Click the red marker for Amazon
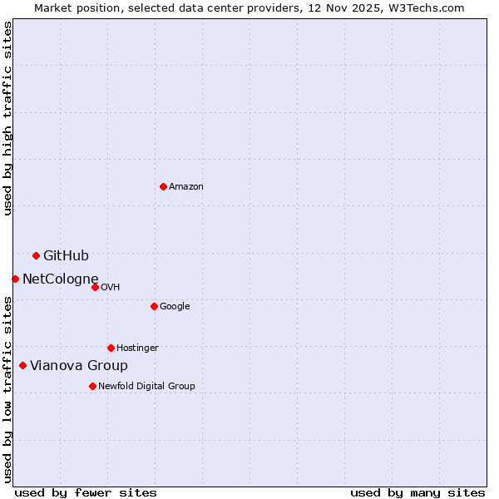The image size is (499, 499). point(163,186)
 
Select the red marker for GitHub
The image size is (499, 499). point(36,255)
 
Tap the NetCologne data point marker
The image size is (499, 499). point(15,279)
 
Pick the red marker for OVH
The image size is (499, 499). point(95,287)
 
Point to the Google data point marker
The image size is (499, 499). point(154,306)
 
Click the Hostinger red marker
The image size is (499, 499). point(111,348)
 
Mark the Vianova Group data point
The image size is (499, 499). point(22,365)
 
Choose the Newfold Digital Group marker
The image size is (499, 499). point(92,386)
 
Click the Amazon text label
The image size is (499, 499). point(186,187)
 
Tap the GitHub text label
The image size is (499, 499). point(66,256)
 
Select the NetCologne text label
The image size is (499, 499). point(61,279)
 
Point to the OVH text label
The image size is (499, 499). point(111,288)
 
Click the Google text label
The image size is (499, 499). point(175,307)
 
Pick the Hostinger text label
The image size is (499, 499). point(137,348)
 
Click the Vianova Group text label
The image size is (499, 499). point(79,366)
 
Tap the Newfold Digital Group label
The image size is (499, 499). point(146,387)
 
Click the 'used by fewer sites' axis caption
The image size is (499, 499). point(86,492)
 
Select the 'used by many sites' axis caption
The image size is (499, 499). point(417,492)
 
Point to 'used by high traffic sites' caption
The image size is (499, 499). point(8,118)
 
